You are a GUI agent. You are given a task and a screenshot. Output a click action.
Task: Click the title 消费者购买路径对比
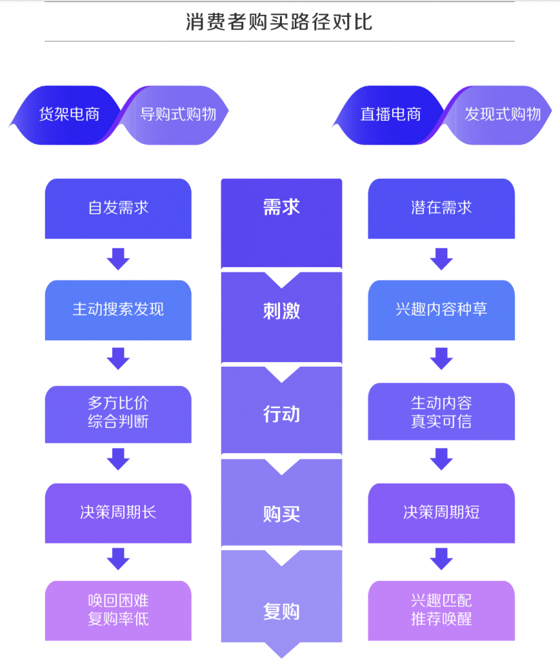click(x=279, y=22)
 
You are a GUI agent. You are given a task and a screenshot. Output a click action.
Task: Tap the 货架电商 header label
click(x=69, y=115)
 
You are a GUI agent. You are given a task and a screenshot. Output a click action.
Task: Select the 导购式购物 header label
click(x=178, y=115)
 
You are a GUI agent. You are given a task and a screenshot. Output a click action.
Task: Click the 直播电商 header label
click(x=390, y=115)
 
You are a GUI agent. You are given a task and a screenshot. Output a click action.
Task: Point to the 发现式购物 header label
click(x=503, y=115)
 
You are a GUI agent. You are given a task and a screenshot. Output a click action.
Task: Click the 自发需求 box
click(x=118, y=208)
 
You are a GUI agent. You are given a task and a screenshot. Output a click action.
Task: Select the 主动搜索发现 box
click(x=118, y=310)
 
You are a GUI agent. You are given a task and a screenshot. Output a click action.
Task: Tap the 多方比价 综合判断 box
click(x=118, y=413)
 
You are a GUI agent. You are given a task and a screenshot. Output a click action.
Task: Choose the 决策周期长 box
click(x=118, y=513)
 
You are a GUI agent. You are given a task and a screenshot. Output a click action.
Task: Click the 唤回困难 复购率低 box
click(x=118, y=610)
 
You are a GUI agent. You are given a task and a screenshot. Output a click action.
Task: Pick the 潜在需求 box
click(x=441, y=208)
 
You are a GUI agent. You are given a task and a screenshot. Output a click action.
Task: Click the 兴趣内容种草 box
click(x=441, y=310)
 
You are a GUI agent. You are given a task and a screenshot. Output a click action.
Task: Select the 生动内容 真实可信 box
click(x=441, y=412)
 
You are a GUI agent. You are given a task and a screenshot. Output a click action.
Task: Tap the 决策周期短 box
click(x=441, y=513)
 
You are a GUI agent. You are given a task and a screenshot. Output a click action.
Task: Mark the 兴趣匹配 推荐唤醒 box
click(x=441, y=610)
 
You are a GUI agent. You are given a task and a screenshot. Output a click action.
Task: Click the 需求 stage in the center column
click(x=281, y=208)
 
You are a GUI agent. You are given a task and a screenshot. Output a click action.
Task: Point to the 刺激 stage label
click(x=281, y=311)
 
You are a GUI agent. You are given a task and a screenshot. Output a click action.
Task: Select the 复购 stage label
click(x=281, y=611)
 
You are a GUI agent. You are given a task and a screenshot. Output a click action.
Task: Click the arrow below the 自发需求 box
click(x=118, y=259)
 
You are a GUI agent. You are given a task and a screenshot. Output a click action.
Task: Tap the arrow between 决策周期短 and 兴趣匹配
click(x=441, y=559)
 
